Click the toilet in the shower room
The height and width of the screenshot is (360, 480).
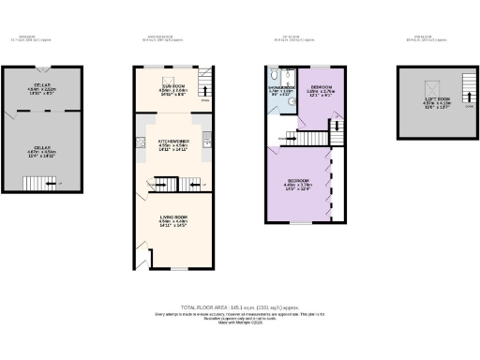point(272,76)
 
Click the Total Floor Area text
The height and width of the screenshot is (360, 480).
point(240,306)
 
